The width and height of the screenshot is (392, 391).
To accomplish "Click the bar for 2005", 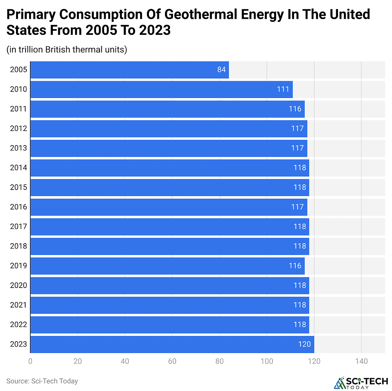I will (x=129, y=70).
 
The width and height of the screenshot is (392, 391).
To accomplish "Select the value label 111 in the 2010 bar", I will (x=283, y=89).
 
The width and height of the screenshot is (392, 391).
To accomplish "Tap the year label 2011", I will (x=18, y=109).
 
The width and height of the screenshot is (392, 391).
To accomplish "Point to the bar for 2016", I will (x=168, y=207).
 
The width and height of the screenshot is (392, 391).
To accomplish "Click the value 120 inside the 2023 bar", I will (x=304, y=344).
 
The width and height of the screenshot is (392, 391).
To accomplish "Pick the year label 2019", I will (x=18, y=266).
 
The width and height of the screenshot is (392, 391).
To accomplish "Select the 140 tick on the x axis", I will (x=361, y=361).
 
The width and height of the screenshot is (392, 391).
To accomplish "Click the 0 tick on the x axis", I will (x=30, y=361).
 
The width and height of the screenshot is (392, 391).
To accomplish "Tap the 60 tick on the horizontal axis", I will (x=172, y=361).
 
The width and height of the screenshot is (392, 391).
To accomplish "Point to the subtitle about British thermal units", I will (x=67, y=49).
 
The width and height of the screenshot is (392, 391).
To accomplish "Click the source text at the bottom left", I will (x=42, y=381).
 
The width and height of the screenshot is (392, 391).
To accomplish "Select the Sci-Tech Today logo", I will (x=361, y=382).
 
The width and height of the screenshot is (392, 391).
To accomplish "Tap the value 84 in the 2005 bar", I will (x=222, y=70).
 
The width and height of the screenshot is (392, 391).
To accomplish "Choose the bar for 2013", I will (x=168, y=148).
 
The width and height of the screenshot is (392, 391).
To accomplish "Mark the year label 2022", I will (x=18, y=324).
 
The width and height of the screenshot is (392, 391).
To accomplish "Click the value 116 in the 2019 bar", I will (x=295, y=266).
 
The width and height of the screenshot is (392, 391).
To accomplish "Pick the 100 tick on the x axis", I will (x=267, y=361).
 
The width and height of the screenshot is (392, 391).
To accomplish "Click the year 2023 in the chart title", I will (x=155, y=30).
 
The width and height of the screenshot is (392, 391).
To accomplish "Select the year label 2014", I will (x=18, y=168).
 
